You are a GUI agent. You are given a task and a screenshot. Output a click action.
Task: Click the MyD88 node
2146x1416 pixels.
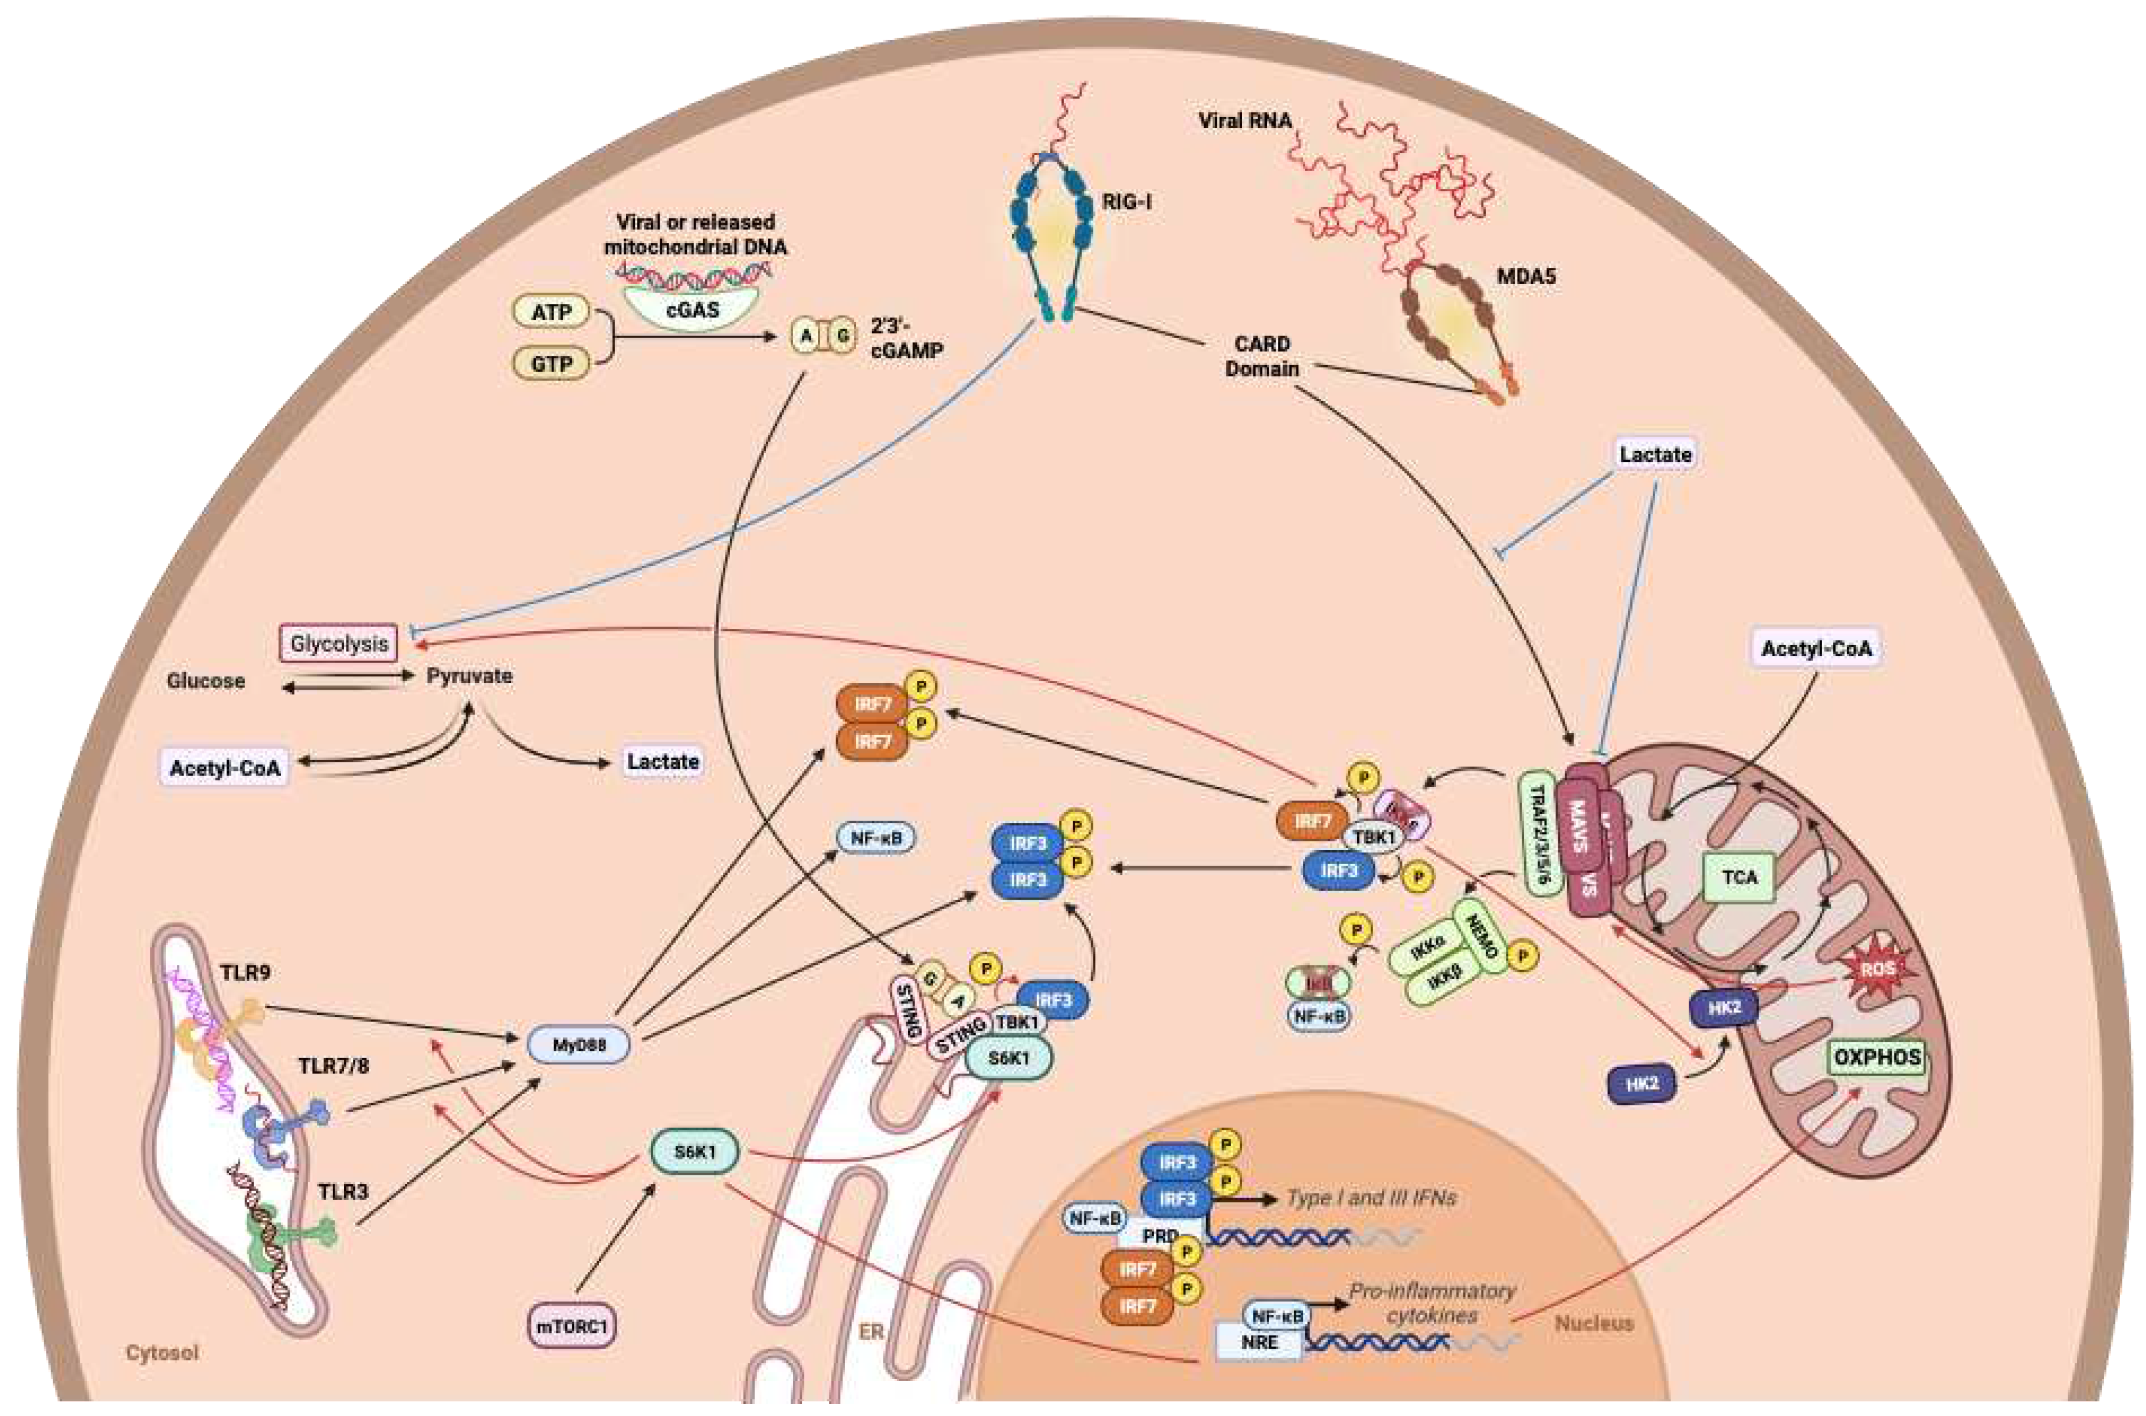tap(578, 1045)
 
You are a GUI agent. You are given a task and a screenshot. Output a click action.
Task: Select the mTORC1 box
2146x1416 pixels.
tap(572, 1326)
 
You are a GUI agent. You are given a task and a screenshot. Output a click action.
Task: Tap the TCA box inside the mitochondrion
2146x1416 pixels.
tap(1739, 877)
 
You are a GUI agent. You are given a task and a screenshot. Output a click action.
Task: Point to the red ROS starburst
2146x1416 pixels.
tap(1877, 969)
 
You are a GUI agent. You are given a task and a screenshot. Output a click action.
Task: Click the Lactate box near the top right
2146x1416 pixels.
tap(1654, 454)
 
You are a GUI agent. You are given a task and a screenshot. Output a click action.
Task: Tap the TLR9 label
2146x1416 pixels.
tap(245, 972)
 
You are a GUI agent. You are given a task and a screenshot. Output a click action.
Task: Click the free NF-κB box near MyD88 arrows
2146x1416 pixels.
tap(875, 838)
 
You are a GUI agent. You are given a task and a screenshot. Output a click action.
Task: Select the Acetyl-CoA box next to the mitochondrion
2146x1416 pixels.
tap(1816, 648)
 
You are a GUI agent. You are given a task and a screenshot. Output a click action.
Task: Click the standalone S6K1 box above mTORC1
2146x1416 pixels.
tap(694, 1152)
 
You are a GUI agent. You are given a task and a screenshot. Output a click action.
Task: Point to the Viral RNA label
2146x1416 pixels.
tap(1244, 120)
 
